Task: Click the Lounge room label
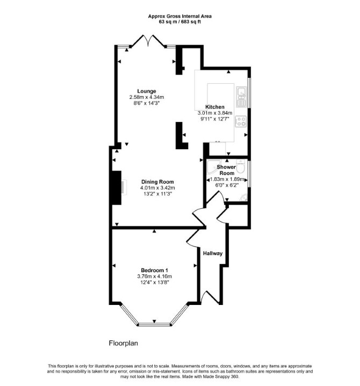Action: point(147,91)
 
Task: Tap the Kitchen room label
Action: point(215,107)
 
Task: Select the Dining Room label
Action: point(157,181)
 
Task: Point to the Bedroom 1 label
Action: point(155,270)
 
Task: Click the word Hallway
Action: point(213,253)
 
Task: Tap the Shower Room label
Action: point(226,170)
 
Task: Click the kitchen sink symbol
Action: point(241,97)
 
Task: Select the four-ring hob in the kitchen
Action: point(241,121)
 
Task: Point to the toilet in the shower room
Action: point(240,166)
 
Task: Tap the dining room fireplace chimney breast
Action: point(116,187)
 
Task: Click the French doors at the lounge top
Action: point(148,41)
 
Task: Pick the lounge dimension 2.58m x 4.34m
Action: point(147,97)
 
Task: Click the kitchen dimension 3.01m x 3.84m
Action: point(215,113)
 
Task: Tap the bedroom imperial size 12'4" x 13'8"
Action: point(155,282)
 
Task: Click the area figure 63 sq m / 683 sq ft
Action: point(180,21)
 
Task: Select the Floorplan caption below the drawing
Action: point(124,343)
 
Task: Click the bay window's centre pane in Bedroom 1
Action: point(154,325)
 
